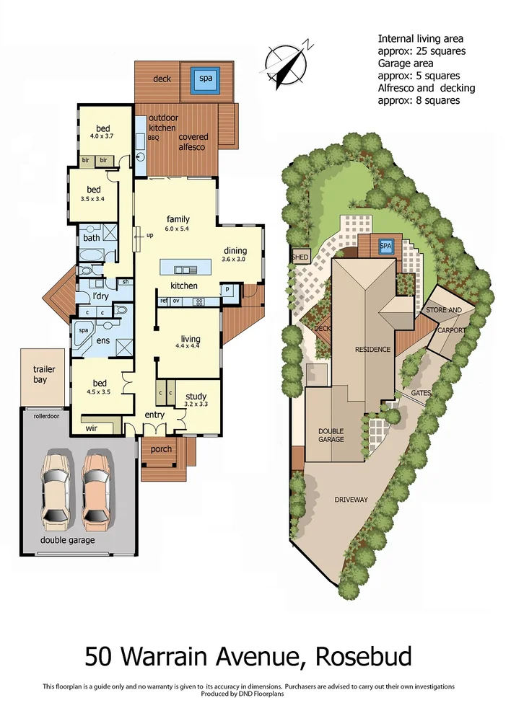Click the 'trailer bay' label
tap(43, 374)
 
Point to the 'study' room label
tap(196, 396)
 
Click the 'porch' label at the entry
tap(161, 449)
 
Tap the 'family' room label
tap(178, 218)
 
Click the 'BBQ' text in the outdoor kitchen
tap(153, 136)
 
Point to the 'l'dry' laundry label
tap(102, 296)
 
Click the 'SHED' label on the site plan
tap(300, 257)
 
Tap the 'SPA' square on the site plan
tap(385, 246)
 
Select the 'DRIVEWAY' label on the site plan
tap(351, 499)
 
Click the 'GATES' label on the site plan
tap(422, 393)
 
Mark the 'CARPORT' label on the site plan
tap(452, 329)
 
